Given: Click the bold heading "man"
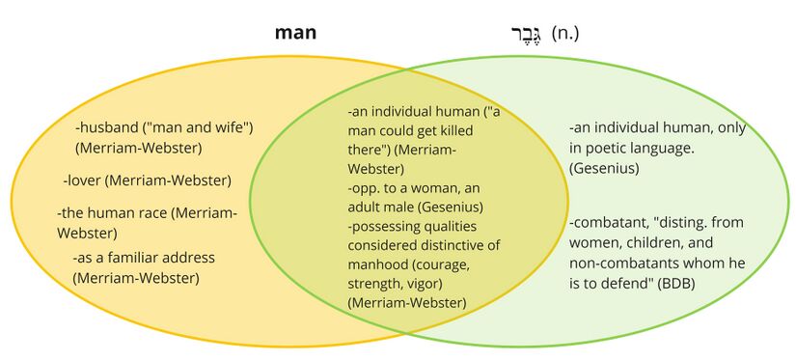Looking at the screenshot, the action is coord(295,33).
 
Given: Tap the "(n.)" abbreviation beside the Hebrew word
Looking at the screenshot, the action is coord(565,34).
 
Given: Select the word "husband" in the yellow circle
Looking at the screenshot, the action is coord(111,127).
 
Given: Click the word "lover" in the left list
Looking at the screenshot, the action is coord(85,180).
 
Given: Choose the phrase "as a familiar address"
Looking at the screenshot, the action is coord(147,258).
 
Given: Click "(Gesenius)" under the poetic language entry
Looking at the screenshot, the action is coord(604,168).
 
